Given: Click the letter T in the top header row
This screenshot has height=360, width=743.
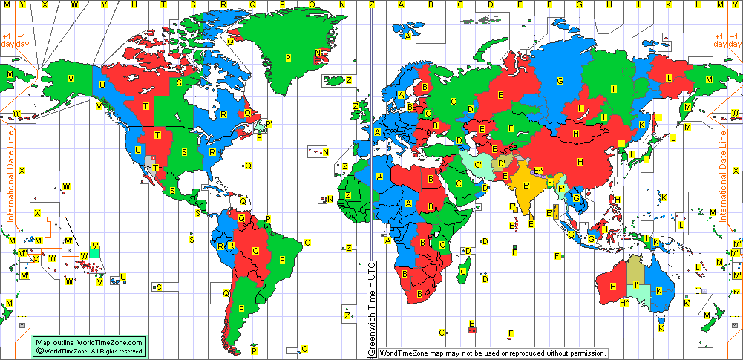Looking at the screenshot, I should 163,4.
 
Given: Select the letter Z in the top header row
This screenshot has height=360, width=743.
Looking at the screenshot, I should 371,4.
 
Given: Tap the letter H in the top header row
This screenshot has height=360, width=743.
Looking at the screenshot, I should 609,4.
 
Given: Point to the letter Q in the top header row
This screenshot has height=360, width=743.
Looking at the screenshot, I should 252,4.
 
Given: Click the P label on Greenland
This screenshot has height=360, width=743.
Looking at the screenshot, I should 288,58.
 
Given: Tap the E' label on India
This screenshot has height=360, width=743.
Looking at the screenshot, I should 526,185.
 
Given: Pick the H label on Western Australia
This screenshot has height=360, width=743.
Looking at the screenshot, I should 612,286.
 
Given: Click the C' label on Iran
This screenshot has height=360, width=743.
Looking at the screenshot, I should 479,165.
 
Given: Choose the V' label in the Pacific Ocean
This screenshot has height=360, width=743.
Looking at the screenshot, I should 94,247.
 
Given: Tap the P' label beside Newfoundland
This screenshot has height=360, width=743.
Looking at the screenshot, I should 269,124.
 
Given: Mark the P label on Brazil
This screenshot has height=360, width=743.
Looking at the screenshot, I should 282,260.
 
